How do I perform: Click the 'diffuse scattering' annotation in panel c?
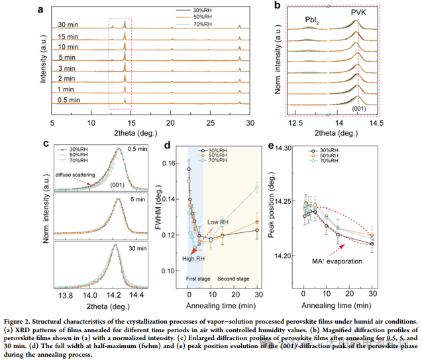click(78, 175)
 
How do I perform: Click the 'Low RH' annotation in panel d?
click(218, 222)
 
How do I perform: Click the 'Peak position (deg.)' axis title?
click(272, 201)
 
